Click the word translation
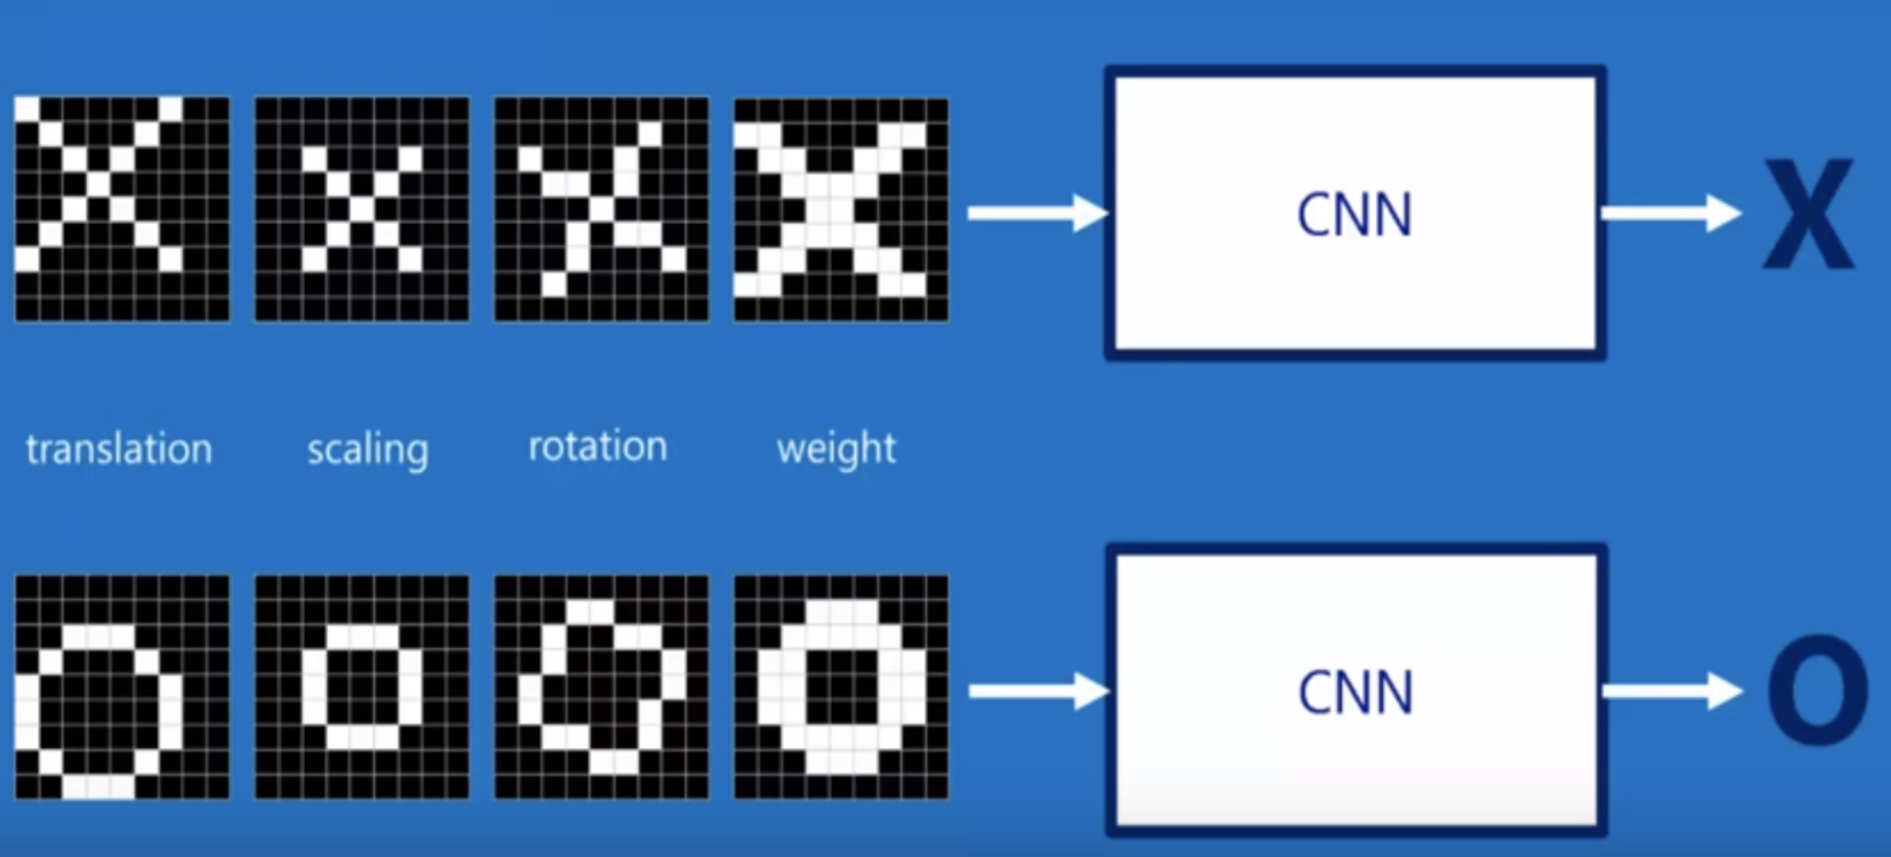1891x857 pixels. click(119, 448)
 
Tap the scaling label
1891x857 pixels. click(367, 449)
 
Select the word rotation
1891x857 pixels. click(598, 447)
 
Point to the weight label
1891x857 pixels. click(836, 448)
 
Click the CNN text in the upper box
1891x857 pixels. click(1354, 215)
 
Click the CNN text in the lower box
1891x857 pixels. click(1355, 693)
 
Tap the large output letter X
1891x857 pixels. click(1807, 215)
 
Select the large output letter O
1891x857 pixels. click(1817, 691)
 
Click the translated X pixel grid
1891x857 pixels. click(123, 209)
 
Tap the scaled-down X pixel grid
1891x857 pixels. click(362, 209)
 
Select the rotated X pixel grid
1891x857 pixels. click(601, 209)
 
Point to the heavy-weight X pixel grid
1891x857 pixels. click(841, 209)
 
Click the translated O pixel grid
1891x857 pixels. click(123, 686)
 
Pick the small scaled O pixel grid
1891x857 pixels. click(362, 686)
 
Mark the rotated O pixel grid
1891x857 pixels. click(601, 686)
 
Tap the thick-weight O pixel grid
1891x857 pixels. click(841, 686)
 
